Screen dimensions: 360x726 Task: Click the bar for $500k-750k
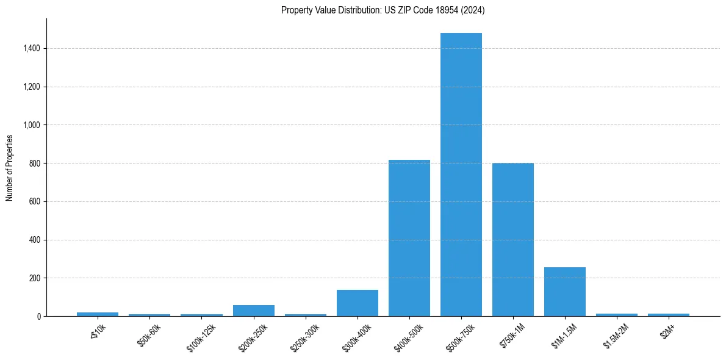pyautogui.click(x=461, y=175)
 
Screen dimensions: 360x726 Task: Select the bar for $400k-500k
pyautogui.click(x=409, y=238)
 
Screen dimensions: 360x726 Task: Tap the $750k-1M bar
pyautogui.click(x=513, y=240)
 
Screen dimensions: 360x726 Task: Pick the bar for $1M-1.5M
pyautogui.click(x=565, y=292)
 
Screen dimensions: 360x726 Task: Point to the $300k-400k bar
pyautogui.click(x=358, y=303)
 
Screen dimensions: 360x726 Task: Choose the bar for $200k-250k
pyautogui.click(x=254, y=311)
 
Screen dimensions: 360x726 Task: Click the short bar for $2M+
pyautogui.click(x=669, y=315)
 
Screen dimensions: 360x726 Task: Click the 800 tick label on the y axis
pyautogui.click(x=35, y=164)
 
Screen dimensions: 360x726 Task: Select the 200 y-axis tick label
pyautogui.click(x=35, y=278)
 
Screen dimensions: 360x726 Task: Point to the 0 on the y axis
pyautogui.click(x=38, y=317)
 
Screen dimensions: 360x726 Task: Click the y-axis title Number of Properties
pyautogui.click(x=10, y=168)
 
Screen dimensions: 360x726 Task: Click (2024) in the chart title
pyautogui.click(x=474, y=10)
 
